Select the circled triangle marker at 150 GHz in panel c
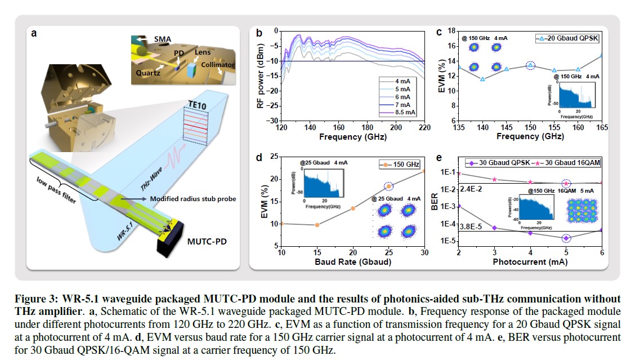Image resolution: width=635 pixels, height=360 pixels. pos(530,65)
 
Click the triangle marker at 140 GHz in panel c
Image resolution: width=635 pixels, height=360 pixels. pos(482,79)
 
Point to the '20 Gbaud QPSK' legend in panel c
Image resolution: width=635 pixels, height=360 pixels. pos(569,39)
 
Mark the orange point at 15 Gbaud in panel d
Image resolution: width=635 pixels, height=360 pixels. pos(317,225)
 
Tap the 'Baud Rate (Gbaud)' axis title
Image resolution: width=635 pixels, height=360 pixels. pos(352,263)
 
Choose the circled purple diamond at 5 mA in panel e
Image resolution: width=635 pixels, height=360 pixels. pos(566,238)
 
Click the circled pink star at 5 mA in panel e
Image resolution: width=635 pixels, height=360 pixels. pos(566,183)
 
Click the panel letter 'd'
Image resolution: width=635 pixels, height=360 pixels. pos(260,158)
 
